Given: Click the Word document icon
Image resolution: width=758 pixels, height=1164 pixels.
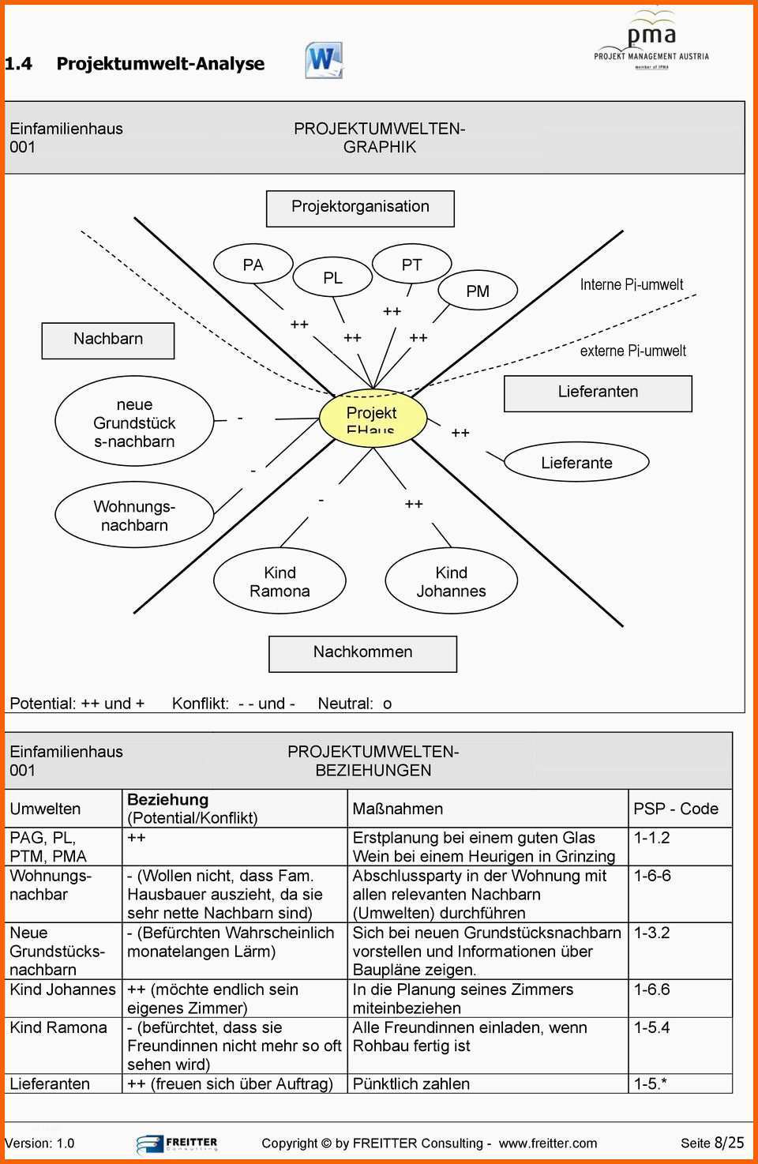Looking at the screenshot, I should point(324,61).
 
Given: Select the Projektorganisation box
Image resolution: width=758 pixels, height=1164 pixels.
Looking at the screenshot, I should point(360,208).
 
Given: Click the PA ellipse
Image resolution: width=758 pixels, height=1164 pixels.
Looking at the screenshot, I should point(253,265).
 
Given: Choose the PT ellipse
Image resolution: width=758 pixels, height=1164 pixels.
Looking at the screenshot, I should point(411,265).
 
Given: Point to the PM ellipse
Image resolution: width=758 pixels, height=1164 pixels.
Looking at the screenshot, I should point(477,291).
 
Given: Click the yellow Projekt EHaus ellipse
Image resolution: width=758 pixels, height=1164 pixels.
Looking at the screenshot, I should point(373,419).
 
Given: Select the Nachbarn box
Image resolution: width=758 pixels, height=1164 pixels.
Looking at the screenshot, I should point(108,340).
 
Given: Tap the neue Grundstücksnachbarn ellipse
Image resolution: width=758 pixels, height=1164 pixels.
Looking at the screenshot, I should point(134,422).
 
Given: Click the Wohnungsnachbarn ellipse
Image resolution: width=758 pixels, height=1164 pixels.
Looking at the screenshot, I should point(134,515).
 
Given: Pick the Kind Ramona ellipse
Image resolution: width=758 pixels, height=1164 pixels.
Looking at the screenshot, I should point(280,581).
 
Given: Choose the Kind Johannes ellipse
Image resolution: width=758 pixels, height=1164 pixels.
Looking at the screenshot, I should point(451,581).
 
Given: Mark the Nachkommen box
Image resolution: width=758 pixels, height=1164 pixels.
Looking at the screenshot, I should point(362,653).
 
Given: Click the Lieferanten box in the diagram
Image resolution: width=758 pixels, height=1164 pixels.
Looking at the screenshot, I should point(598,392).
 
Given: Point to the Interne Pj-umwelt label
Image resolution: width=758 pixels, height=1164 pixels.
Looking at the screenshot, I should point(632,284).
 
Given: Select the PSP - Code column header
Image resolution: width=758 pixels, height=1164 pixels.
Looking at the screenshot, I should point(676,809).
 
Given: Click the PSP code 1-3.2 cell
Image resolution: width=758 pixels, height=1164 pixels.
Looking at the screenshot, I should point(652,933).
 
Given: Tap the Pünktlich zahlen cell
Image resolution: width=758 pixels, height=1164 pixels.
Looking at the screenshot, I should point(411,1084).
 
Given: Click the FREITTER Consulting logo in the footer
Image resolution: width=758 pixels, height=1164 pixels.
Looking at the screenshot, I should point(177,1143).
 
